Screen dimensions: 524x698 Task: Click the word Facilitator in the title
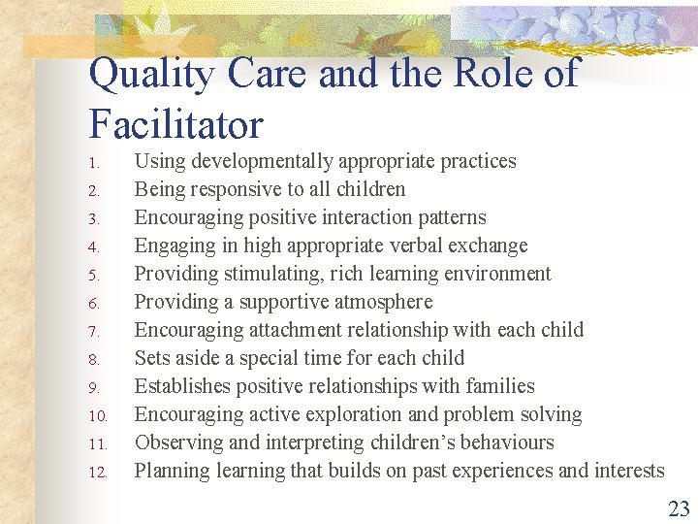[x=175, y=125]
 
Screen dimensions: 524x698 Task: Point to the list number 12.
[x=96, y=473]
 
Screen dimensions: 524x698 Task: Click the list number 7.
[x=93, y=331]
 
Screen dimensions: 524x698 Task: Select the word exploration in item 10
[x=343, y=414]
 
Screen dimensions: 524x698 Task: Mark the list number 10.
[x=96, y=416]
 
